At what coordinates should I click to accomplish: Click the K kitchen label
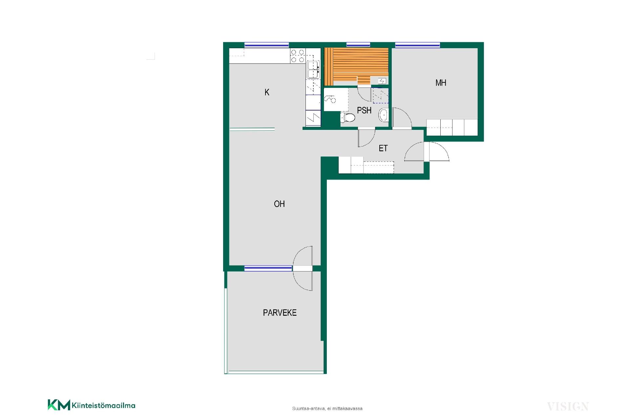tap(267, 92)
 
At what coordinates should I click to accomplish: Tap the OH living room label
tap(279, 204)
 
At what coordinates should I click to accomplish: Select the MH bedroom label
tap(441, 83)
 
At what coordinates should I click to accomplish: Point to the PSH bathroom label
tap(364, 110)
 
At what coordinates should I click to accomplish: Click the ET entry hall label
tap(383, 149)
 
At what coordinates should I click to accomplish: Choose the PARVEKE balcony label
tap(280, 313)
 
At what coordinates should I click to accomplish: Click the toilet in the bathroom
tap(348, 117)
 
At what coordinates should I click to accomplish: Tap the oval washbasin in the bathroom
tap(383, 115)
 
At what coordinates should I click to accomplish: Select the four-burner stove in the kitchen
tap(298, 56)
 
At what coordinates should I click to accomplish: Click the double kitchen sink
tap(313, 70)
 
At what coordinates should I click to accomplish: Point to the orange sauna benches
tap(356, 66)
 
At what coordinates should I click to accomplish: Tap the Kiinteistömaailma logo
tap(92, 405)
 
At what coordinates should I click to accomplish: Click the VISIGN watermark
tap(568, 407)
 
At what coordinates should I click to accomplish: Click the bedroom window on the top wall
tap(417, 45)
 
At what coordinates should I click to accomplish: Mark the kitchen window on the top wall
tap(266, 45)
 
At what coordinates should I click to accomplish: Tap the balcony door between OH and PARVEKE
tap(303, 268)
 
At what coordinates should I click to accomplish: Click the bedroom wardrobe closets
tap(452, 127)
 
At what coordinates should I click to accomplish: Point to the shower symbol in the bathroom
tap(330, 99)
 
